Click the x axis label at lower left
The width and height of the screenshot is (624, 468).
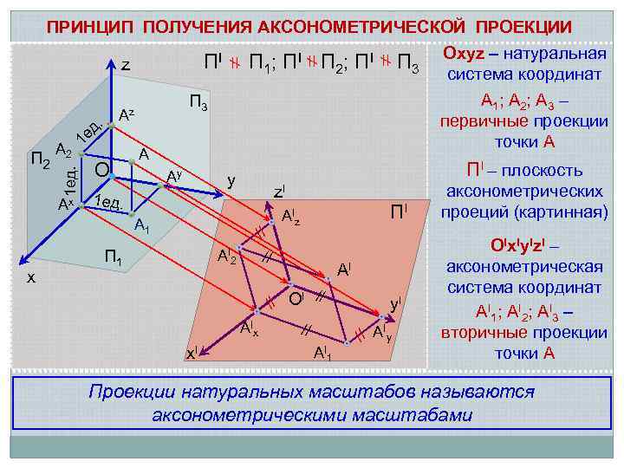click(30, 277)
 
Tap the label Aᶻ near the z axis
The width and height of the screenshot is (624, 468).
click(127, 114)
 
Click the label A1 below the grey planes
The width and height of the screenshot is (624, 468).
click(143, 228)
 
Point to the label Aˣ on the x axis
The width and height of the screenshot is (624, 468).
click(65, 205)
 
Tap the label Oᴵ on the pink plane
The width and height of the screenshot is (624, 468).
click(297, 299)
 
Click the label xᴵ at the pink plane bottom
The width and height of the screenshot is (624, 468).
click(193, 352)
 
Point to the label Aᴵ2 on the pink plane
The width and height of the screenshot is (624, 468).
click(227, 257)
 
